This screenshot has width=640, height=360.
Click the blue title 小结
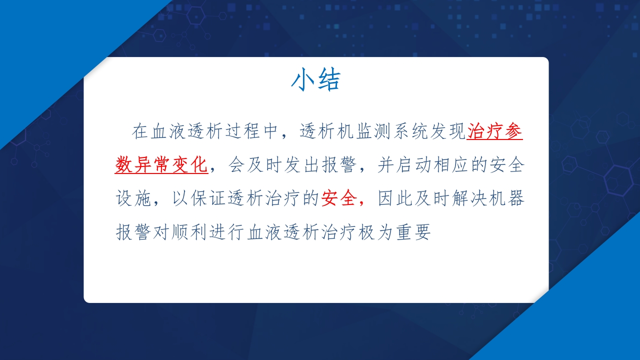(315, 80)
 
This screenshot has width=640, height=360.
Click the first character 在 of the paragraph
(140, 131)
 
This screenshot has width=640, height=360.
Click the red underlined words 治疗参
(494, 131)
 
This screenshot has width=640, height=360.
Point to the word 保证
(208, 199)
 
